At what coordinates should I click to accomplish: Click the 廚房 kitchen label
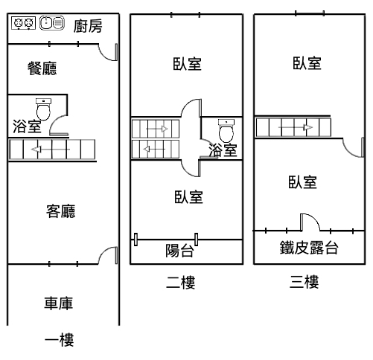point(88,26)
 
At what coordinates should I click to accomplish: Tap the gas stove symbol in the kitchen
point(23,23)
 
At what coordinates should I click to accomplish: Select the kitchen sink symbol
point(52,23)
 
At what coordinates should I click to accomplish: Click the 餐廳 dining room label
point(42,68)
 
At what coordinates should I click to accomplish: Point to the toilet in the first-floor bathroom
point(43,109)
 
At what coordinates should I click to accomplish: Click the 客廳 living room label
point(61,211)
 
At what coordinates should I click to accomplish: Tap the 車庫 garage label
point(59,303)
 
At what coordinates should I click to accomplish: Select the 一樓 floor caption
point(60,340)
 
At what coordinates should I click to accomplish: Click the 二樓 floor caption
point(181,282)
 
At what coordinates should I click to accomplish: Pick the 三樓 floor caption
point(304,282)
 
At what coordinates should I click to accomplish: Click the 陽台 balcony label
point(179,251)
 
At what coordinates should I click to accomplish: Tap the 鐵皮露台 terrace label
point(309,247)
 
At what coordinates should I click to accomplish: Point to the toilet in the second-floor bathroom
point(226,130)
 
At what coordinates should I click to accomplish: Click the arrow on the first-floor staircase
point(51,150)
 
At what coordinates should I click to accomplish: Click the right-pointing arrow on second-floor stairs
point(157,129)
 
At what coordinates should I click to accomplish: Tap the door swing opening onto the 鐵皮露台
point(314,218)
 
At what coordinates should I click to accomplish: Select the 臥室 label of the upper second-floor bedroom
point(187,64)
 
